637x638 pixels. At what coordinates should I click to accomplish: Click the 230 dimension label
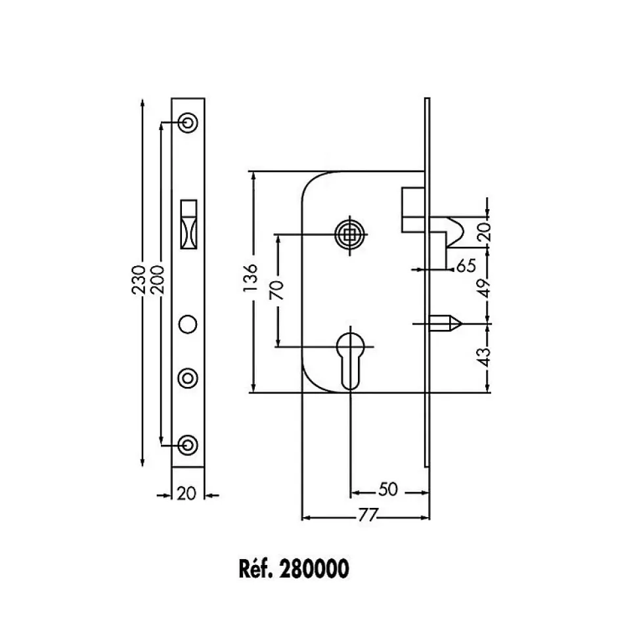click(139, 280)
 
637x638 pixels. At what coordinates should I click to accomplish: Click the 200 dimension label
click(157, 280)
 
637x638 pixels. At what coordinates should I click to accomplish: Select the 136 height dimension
click(251, 277)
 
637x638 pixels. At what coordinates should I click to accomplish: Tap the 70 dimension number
click(276, 290)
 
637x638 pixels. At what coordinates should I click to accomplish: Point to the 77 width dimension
click(368, 516)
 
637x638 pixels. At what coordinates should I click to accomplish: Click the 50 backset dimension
click(388, 490)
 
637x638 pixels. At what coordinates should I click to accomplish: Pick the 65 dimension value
click(466, 266)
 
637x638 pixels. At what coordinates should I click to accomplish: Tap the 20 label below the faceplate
click(187, 493)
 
